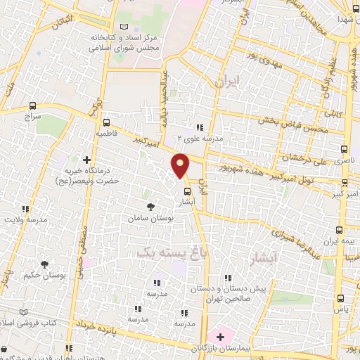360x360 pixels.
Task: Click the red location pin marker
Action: point(181,165)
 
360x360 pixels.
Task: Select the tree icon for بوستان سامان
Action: point(150,207)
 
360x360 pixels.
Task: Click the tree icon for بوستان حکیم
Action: point(45,264)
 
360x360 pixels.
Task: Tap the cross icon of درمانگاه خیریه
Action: point(87,160)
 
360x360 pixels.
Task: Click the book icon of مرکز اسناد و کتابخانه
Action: point(124,27)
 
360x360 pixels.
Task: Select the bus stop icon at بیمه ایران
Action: point(340,229)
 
